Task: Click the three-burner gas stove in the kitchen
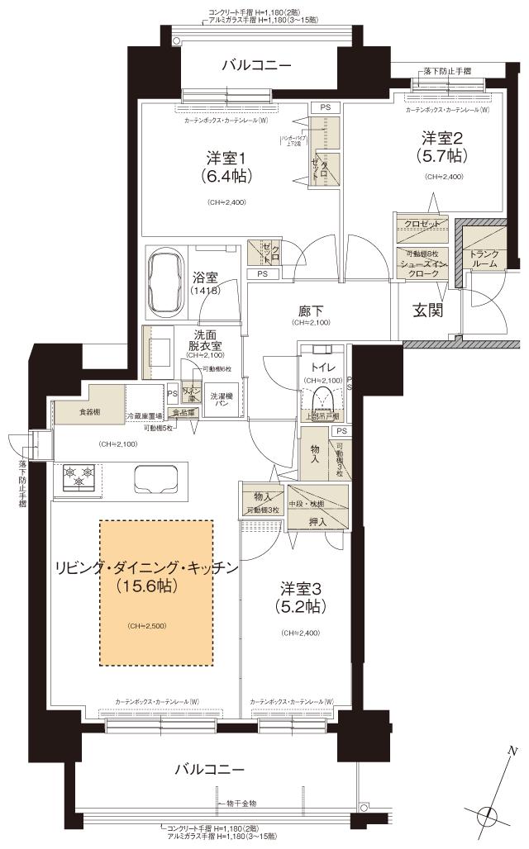(x=79, y=478)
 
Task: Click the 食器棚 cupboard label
(x=90, y=410)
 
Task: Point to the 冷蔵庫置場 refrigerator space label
(x=144, y=416)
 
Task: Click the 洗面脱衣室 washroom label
(x=202, y=343)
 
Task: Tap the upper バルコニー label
(x=256, y=65)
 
